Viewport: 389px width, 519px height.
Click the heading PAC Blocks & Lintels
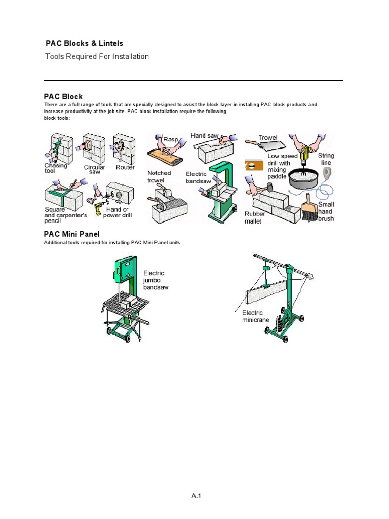click(x=84, y=44)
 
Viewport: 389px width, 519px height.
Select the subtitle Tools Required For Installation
click(x=97, y=57)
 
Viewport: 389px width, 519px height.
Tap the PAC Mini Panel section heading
click(x=71, y=234)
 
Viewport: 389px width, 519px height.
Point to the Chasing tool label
click(x=56, y=168)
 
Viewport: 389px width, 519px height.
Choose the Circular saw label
click(x=94, y=169)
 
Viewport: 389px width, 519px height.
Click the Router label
click(x=125, y=167)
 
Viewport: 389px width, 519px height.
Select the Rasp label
click(x=169, y=139)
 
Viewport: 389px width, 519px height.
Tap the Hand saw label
click(x=205, y=136)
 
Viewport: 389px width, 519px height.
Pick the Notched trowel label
click(x=159, y=176)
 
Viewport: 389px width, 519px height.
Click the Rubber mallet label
click(x=255, y=217)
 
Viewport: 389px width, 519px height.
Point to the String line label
click(x=326, y=159)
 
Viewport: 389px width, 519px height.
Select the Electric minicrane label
click(x=256, y=316)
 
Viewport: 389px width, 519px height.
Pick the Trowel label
click(x=268, y=138)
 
